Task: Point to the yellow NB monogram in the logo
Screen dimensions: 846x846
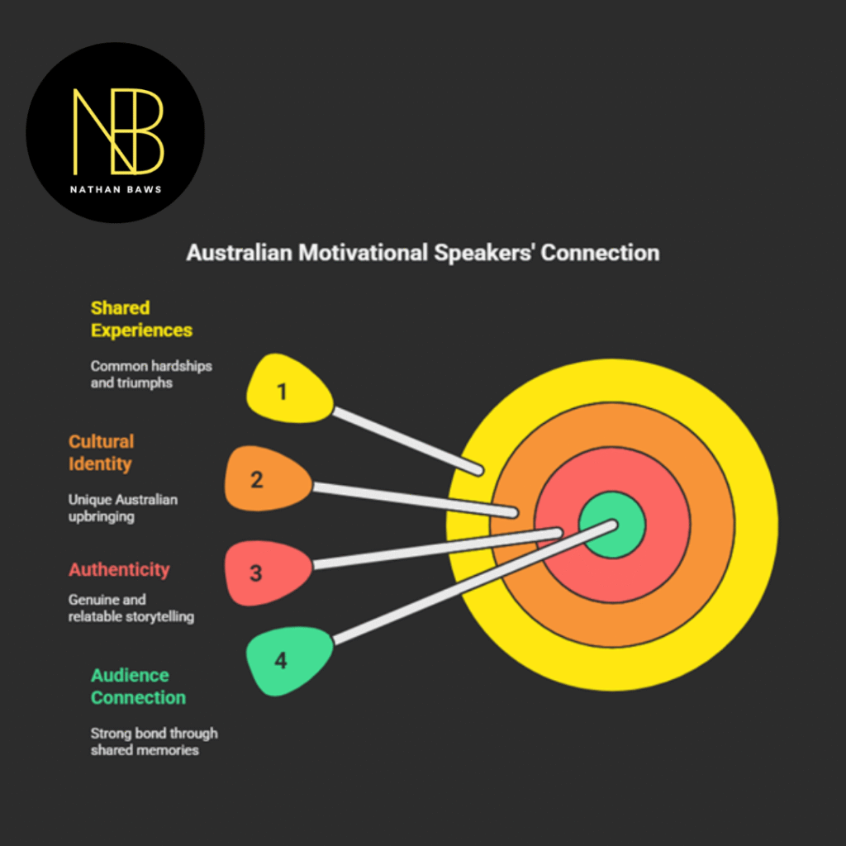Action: (x=118, y=131)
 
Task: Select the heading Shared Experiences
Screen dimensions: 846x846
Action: (x=141, y=319)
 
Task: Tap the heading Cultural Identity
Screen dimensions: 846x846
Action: (x=101, y=453)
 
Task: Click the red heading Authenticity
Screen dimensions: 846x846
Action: (x=119, y=569)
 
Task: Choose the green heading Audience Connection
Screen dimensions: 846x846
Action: (x=138, y=687)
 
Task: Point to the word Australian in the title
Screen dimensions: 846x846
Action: (x=239, y=253)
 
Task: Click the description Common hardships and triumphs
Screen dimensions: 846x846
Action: (x=151, y=374)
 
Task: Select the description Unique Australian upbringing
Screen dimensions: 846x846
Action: (x=123, y=508)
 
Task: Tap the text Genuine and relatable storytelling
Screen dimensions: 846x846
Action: (x=131, y=608)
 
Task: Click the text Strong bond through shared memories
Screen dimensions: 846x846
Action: (x=154, y=741)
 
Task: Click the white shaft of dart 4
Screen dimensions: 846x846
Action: (x=471, y=582)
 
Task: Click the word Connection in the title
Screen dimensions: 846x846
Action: (x=601, y=253)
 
